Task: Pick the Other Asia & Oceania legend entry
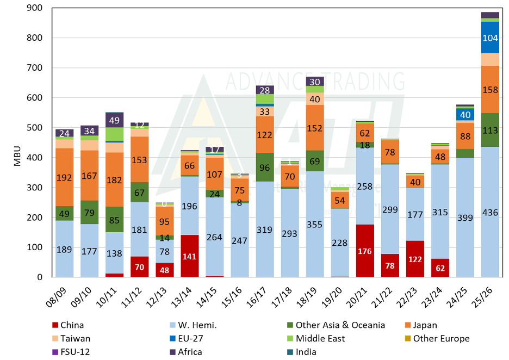point(340,325)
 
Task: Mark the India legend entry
point(306,351)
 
